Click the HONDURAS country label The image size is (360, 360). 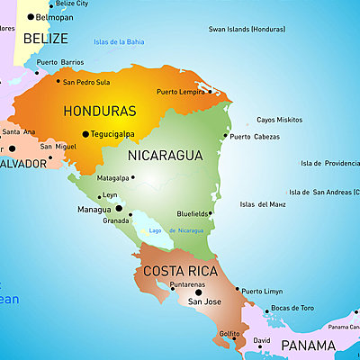pos(100,112)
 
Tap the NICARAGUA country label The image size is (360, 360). pos(166,156)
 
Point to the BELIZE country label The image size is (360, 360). pos(45,39)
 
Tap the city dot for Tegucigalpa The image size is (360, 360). pos(85,134)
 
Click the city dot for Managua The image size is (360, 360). pos(118,208)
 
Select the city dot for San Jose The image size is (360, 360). pos(198,292)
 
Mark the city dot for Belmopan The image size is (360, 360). pos(29,16)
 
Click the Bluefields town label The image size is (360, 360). pos(193,213)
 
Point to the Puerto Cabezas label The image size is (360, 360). pos(256,137)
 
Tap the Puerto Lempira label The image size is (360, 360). pos(180,92)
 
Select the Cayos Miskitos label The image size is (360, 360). pos(279,120)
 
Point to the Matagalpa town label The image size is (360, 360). pos(113,178)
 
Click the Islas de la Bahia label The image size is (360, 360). pos(119,41)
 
